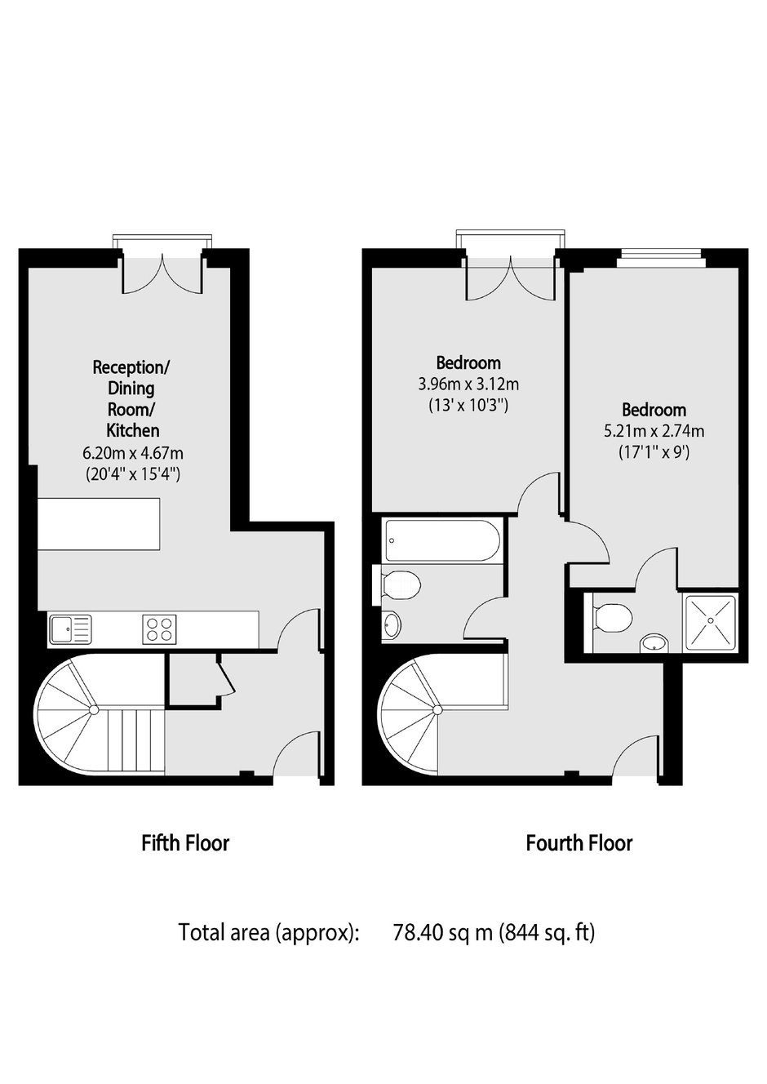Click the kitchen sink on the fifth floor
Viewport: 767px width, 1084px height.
click(70, 629)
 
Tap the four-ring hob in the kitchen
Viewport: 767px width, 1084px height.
click(159, 629)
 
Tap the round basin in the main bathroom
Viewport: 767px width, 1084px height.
click(391, 626)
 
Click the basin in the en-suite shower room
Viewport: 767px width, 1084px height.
click(654, 642)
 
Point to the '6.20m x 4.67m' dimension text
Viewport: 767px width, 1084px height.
click(133, 454)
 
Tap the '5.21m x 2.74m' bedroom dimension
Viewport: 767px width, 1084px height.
click(654, 431)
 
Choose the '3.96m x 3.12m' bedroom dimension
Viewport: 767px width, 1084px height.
click(468, 384)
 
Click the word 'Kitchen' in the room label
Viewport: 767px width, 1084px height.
click(133, 429)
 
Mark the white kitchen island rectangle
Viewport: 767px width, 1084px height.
click(100, 524)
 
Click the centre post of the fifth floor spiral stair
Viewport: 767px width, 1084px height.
click(94, 710)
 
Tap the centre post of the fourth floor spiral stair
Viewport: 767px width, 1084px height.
click(437, 710)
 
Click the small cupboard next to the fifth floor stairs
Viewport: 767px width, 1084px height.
click(193, 679)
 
